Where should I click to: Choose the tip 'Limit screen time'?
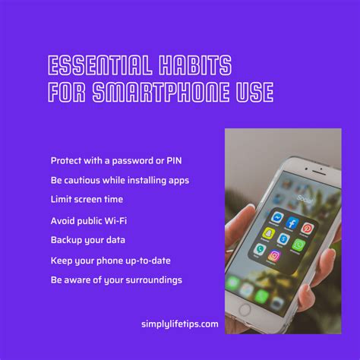(87, 199)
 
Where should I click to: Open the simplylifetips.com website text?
(180, 324)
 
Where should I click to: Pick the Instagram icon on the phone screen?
(274, 256)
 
